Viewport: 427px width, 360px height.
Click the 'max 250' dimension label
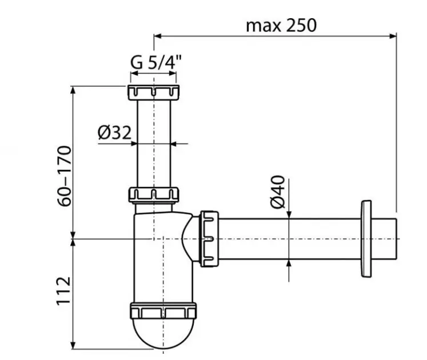(x=280, y=25)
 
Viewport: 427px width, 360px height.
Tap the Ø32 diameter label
(x=114, y=133)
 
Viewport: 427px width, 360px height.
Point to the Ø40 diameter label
(x=277, y=193)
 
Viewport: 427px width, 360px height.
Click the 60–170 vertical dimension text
(x=65, y=175)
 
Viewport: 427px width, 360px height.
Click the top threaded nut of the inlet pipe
(x=153, y=92)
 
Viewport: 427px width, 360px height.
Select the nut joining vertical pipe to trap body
(x=153, y=194)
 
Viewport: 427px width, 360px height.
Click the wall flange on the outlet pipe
(x=366, y=238)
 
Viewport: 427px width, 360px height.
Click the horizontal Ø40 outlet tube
(x=286, y=238)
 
